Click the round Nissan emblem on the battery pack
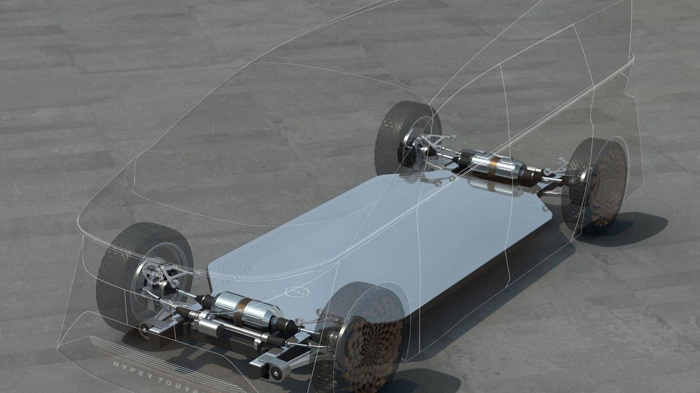tap(296, 291)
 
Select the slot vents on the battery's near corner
tap(237, 272)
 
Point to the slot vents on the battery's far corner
tap(527, 203)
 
